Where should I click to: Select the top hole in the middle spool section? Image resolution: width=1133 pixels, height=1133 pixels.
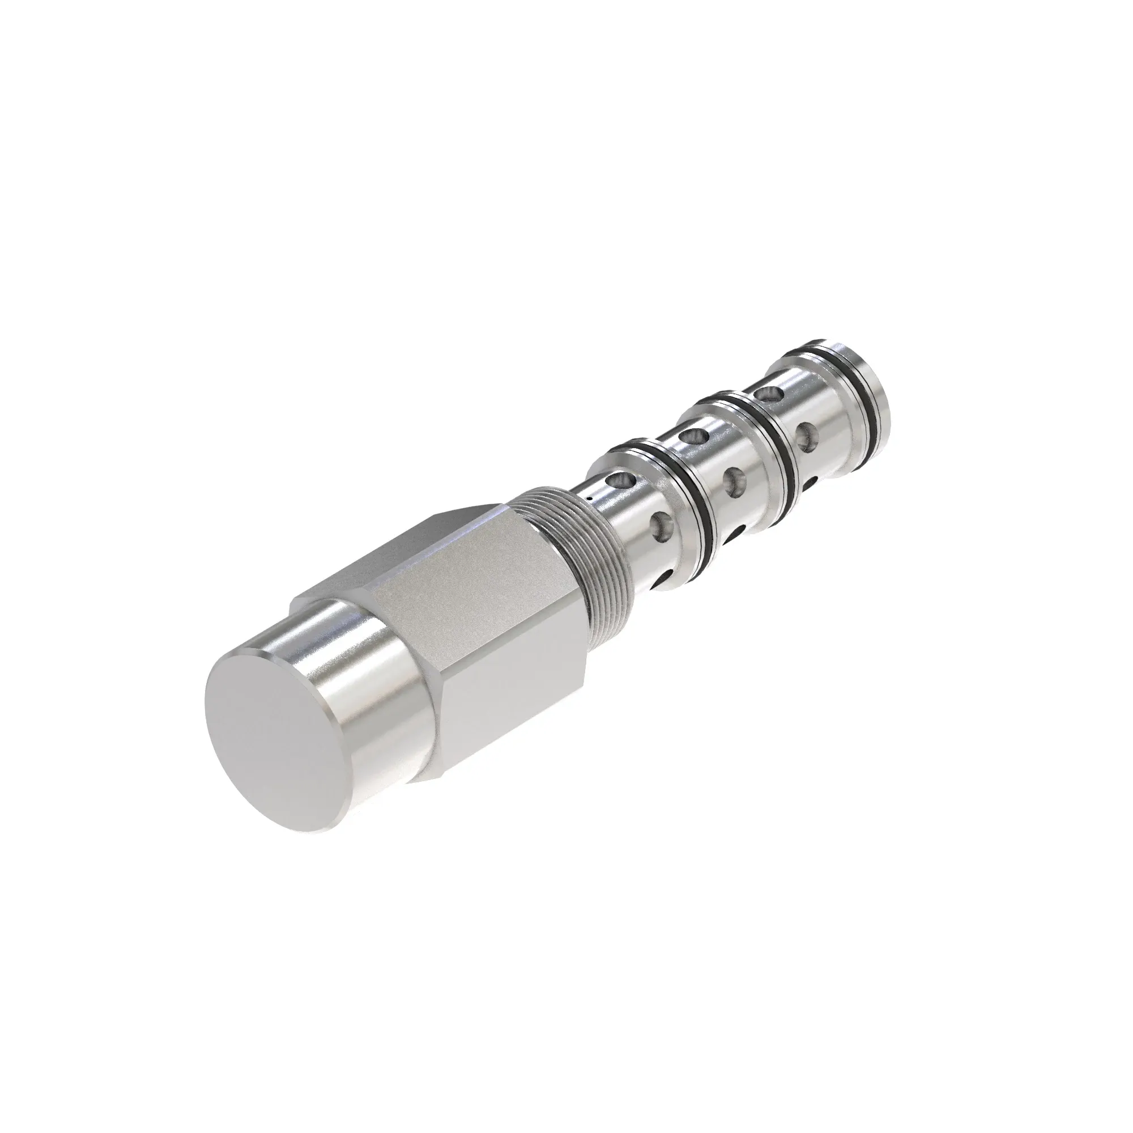(693, 436)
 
